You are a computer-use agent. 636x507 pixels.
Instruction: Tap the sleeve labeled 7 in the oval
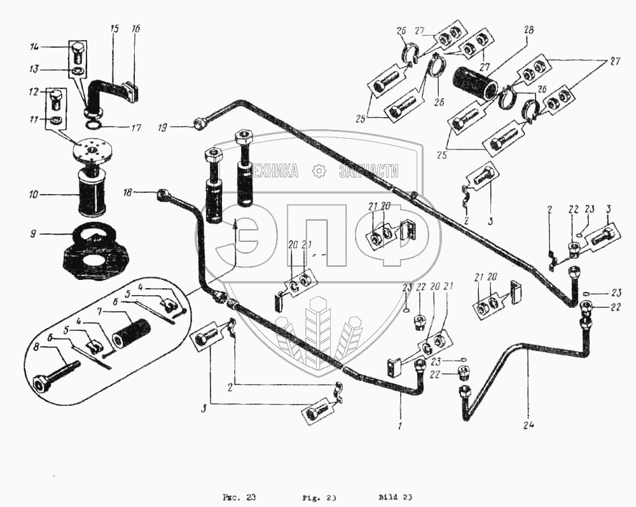[x=130, y=332]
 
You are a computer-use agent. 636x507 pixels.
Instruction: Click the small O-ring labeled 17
[x=95, y=126]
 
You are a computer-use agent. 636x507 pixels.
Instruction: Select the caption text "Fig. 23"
[x=319, y=497]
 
